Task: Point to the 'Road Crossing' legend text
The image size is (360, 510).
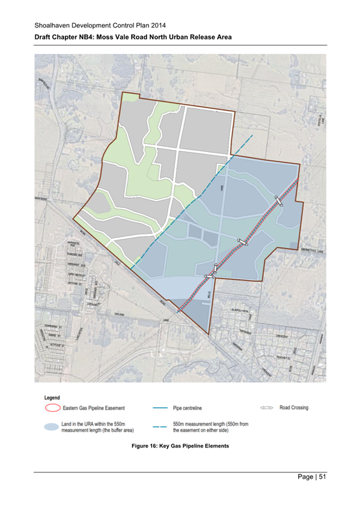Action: [x=294, y=408]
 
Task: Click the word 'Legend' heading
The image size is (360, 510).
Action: [x=52, y=398]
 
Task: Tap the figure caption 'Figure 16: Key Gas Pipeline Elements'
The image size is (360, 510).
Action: [x=180, y=445]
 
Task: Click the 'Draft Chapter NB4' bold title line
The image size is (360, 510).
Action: [x=133, y=37]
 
